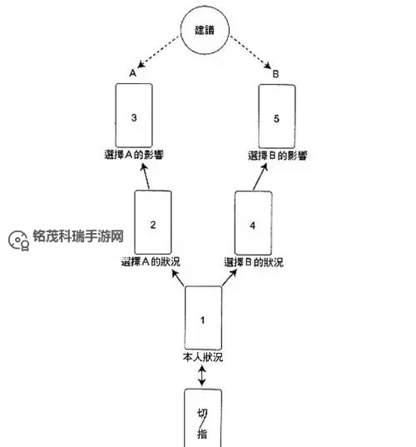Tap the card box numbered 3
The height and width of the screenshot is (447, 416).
(x=134, y=117)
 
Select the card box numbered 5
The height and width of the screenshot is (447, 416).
(x=277, y=117)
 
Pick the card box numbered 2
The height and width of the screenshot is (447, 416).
(x=152, y=222)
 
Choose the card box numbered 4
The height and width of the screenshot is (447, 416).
(x=254, y=222)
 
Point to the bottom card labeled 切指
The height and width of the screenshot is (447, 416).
(x=203, y=420)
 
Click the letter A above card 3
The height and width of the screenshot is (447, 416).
(x=133, y=74)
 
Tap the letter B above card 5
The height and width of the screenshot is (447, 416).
(x=275, y=74)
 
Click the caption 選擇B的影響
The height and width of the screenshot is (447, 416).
(x=277, y=156)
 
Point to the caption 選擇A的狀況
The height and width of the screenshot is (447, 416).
(x=151, y=261)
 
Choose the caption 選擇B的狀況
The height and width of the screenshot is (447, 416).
(x=254, y=261)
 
